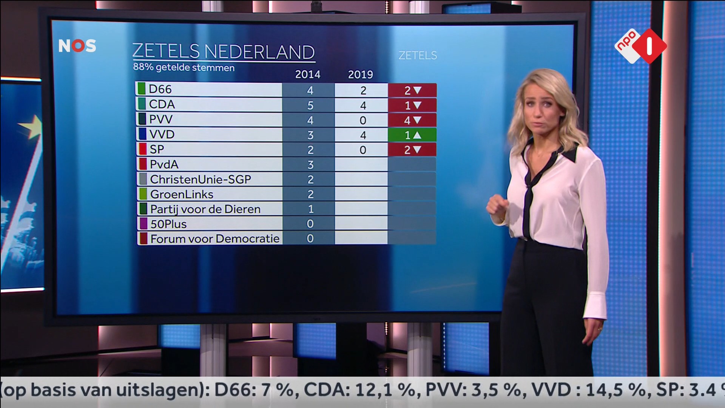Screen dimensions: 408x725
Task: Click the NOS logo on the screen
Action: pyautogui.click(x=77, y=46)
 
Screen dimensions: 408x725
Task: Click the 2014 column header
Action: pyautogui.click(x=307, y=74)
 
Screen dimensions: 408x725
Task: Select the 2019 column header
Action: pyautogui.click(x=360, y=74)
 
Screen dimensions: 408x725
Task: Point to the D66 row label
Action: pyautogui.click(x=160, y=89)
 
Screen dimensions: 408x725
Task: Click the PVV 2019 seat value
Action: pyautogui.click(x=362, y=121)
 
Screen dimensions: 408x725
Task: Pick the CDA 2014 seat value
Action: pyautogui.click(x=310, y=105)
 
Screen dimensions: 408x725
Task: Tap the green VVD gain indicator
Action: pyautogui.click(x=412, y=135)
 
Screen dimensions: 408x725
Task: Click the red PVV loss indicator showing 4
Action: pyautogui.click(x=412, y=121)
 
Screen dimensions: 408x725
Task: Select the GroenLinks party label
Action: pyautogui.click(x=182, y=194)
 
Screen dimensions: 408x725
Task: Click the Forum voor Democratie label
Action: pyautogui.click(x=214, y=239)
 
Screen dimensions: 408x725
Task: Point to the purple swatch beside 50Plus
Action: pyautogui.click(x=143, y=224)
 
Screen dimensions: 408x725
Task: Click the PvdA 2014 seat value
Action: pyautogui.click(x=310, y=165)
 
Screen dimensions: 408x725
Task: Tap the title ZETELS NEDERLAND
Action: pyautogui.click(x=223, y=52)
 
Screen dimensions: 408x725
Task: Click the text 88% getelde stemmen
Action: pyautogui.click(x=184, y=68)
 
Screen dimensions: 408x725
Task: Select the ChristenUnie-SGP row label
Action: pyautogui.click(x=200, y=179)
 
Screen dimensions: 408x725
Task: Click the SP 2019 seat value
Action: pyautogui.click(x=362, y=150)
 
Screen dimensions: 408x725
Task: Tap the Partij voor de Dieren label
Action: pyautogui.click(x=205, y=209)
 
